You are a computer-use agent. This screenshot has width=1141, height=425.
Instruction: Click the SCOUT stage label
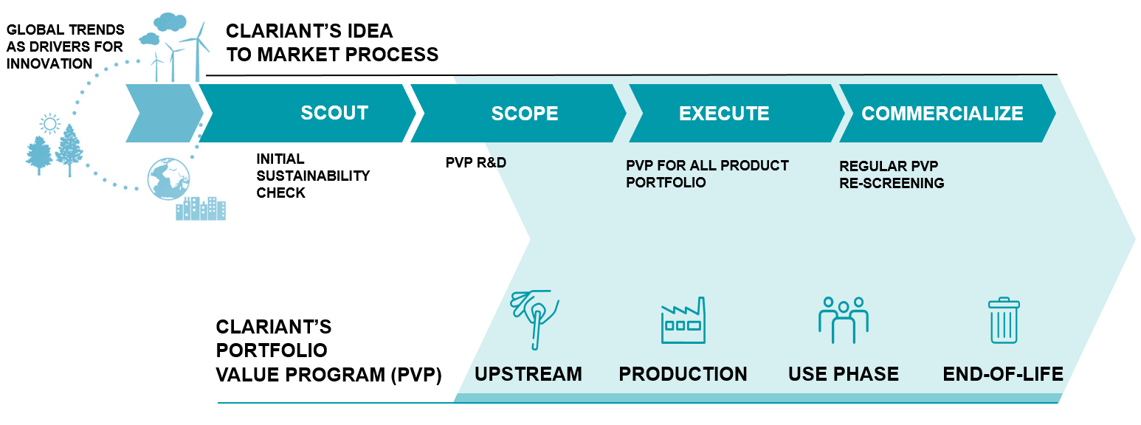click(x=334, y=113)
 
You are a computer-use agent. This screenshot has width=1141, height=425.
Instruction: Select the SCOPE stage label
click(x=525, y=113)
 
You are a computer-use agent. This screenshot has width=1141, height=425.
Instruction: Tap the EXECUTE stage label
click(x=724, y=113)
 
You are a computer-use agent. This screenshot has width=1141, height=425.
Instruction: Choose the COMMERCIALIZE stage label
click(x=942, y=113)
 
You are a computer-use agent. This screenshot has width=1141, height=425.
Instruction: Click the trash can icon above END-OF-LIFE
click(x=1004, y=320)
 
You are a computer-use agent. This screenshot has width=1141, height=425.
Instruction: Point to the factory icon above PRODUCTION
click(x=683, y=320)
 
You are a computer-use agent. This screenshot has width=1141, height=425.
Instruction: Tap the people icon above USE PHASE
click(x=843, y=320)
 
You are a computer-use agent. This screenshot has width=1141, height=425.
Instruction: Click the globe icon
click(x=168, y=179)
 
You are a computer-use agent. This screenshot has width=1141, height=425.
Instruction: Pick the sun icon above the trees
click(x=50, y=122)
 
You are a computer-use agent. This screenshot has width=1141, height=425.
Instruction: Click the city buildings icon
click(x=201, y=208)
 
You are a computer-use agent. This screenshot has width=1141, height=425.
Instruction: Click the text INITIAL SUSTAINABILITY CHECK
click(x=312, y=176)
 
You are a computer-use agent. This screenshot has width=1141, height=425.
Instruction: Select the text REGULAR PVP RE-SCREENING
click(x=892, y=174)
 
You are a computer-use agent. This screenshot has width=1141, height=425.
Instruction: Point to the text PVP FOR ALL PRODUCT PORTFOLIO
click(x=706, y=173)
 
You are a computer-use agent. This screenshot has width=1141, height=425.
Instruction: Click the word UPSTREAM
click(x=528, y=374)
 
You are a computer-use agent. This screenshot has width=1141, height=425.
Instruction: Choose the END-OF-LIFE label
click(x=1002, y=374)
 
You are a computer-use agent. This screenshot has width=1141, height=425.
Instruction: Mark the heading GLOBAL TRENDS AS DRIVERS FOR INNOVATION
click(x=65, y=46)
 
